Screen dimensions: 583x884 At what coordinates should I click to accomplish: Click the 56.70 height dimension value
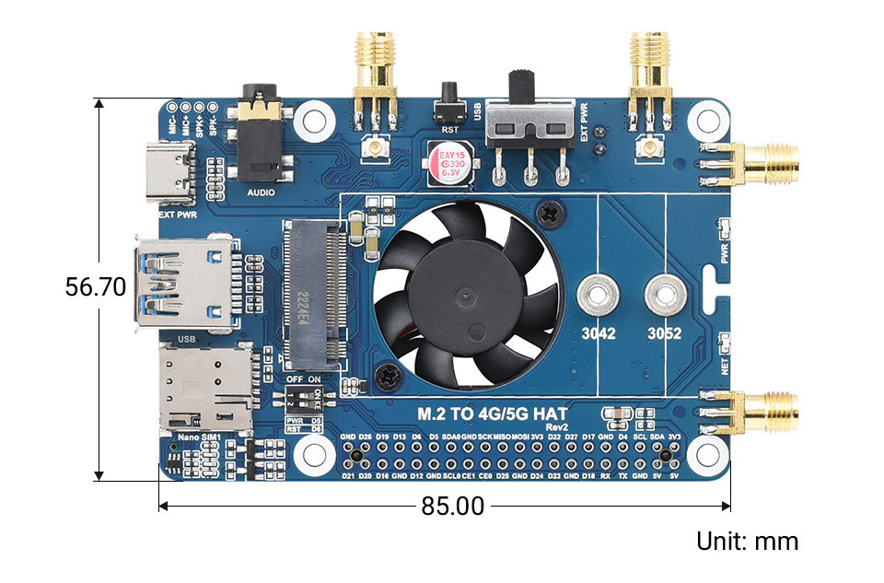[95, 287]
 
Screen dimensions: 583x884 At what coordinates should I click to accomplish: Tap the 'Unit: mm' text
[747, 542]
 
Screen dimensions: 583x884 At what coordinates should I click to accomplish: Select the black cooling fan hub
[468, 292]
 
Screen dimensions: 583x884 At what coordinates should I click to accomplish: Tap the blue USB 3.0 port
[180, 284]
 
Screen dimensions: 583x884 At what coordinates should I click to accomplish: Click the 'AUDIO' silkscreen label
[262, 192]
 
